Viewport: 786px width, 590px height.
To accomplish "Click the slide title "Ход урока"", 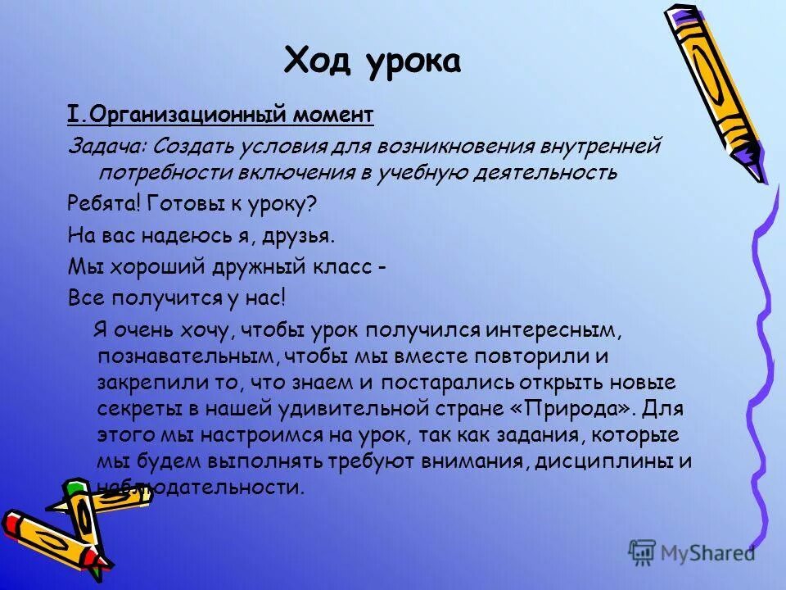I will point(372,60).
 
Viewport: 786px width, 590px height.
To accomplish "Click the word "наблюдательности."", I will point(201,487).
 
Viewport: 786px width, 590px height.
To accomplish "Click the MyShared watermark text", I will point(707,553).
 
